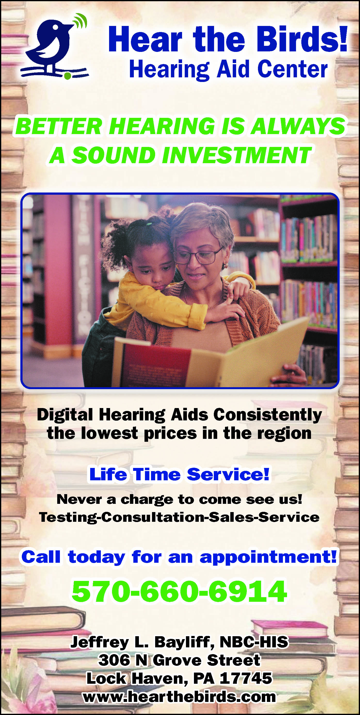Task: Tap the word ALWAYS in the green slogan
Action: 297,126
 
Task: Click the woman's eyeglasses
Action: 197,255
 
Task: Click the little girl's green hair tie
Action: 149,224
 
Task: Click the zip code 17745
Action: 246,678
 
